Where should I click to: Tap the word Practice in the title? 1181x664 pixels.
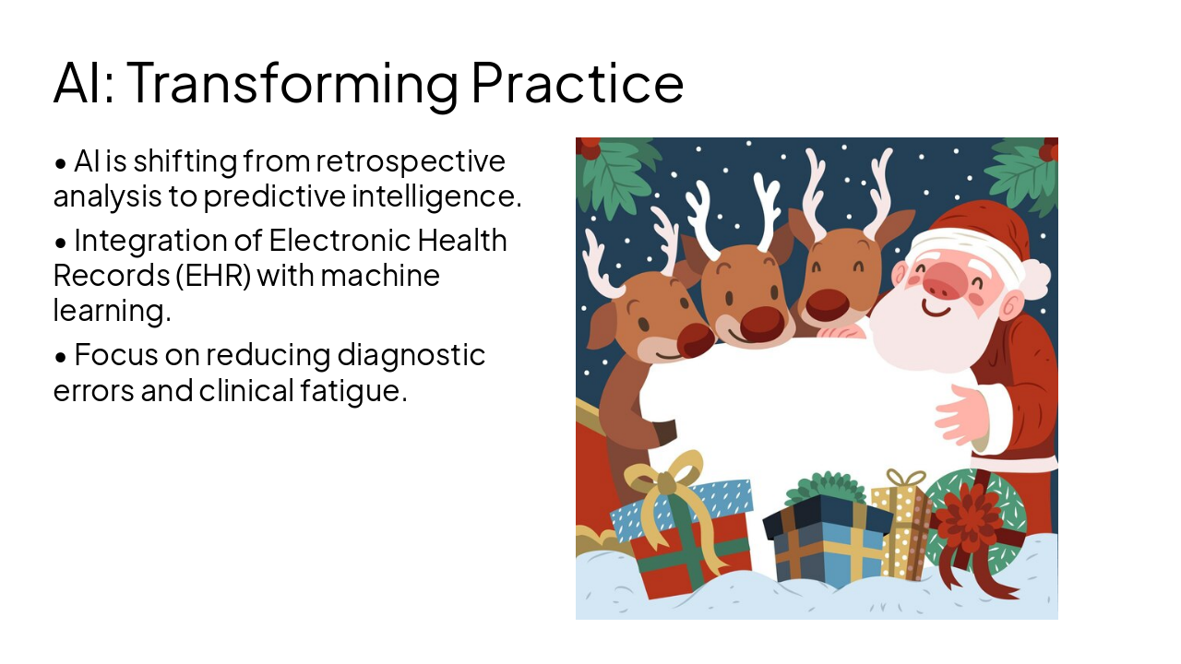coord(577,83)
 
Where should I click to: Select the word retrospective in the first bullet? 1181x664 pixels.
coord(411,161)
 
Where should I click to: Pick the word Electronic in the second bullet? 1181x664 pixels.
coord(340,241)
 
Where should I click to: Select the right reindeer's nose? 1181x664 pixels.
coord(828,305)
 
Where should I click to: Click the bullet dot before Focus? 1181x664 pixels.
coord(61,356)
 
